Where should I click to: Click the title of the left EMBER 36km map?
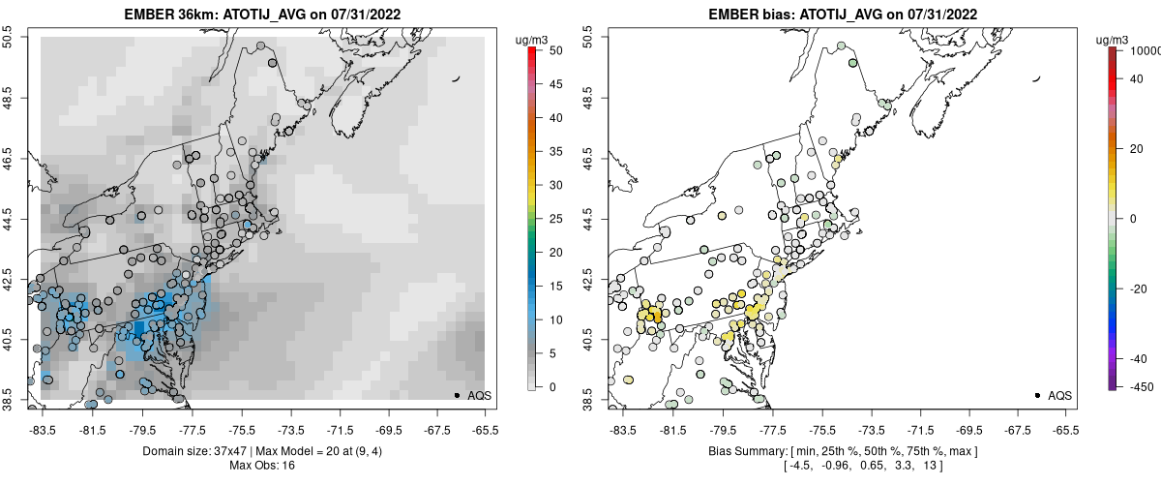click(263, 15)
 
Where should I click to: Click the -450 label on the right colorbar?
click(1141, 386)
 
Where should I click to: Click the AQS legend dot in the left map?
click(456, 396)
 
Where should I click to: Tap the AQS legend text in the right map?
click(1059, 396)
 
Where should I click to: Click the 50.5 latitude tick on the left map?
click(8, 38)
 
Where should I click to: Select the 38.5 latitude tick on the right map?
click(585, 397)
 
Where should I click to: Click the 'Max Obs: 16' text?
click(263, 466)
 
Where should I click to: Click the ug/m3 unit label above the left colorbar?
click(534, 40)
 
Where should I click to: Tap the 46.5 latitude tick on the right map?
click(585, 155)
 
